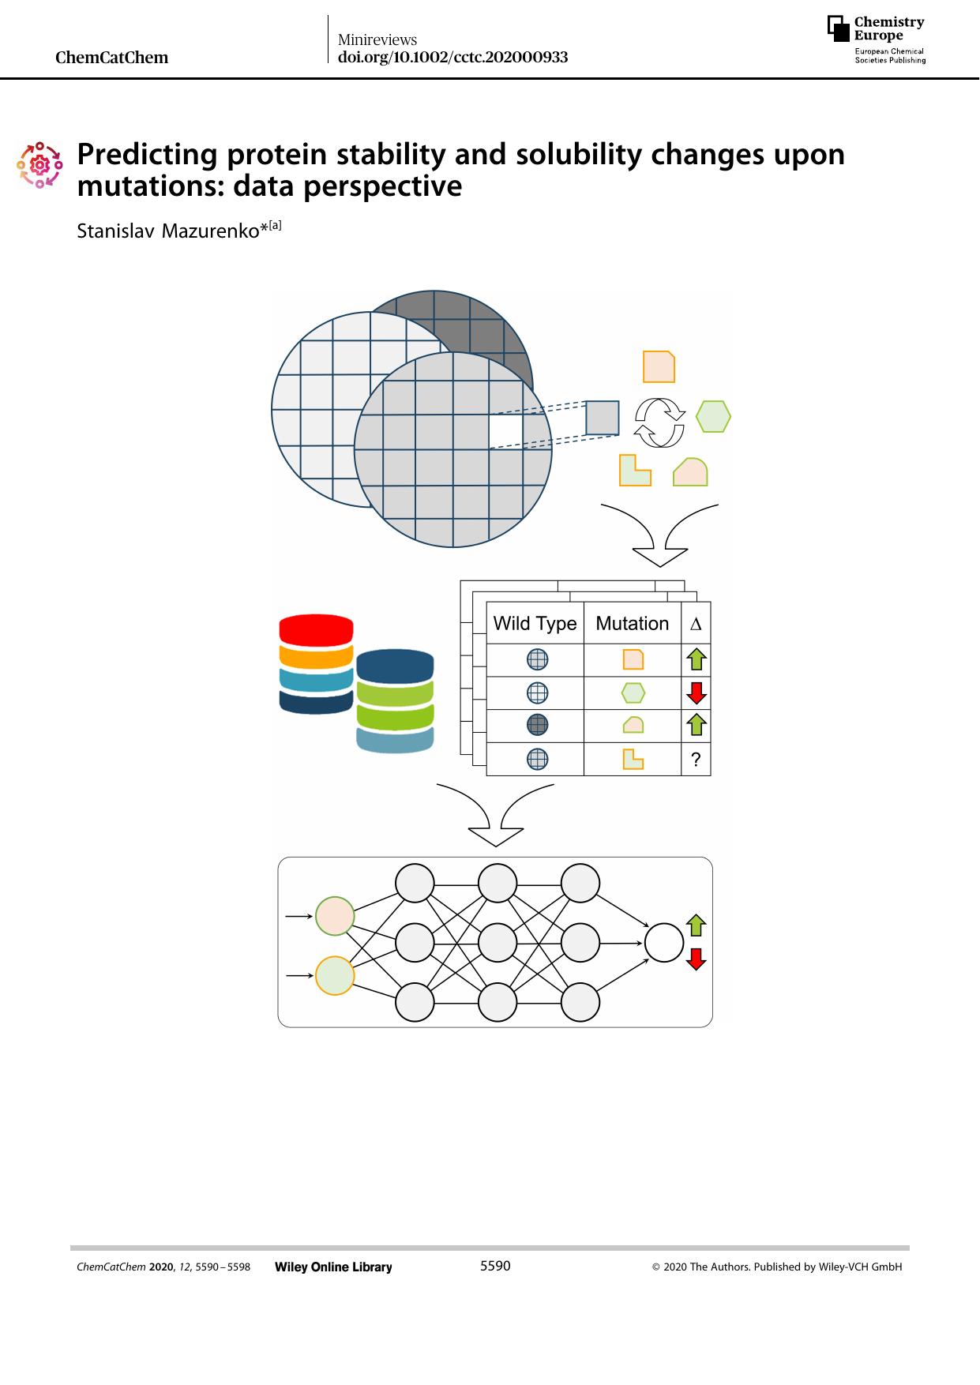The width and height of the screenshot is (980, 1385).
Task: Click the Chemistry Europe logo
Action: (x=876, y=39)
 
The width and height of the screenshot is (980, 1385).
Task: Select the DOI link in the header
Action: (x=452, y=58)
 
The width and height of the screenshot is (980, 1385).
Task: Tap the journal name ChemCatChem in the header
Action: (x=111, y=58)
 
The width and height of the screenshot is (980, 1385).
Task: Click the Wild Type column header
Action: (x=535, y=624)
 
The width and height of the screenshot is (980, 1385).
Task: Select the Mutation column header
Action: (x=632, y=624)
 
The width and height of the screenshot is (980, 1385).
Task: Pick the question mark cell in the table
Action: (x=696, y=760)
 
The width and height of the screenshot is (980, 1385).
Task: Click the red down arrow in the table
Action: (x=697, y=692)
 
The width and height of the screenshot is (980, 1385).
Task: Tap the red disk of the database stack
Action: (x=317, y=630)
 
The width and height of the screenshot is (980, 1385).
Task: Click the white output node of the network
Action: (x=664, y=943)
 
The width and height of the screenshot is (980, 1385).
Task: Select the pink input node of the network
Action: (x=335, y=916)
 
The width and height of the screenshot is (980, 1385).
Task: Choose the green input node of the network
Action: (x=335, y=976)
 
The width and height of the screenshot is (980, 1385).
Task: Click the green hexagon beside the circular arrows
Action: (x=713, y=417)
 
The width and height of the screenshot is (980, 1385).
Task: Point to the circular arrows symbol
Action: (x=660, y=422)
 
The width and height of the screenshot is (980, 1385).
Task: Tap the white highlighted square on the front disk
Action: (x=506, y=431)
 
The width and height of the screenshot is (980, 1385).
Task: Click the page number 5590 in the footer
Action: (x=495, y=1266)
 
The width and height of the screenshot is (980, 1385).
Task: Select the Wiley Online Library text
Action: (x=333, y=1267)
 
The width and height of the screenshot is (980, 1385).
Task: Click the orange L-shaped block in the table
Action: (x=633, y=760)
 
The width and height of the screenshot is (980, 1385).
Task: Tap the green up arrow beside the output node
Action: (x=696, y=925)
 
